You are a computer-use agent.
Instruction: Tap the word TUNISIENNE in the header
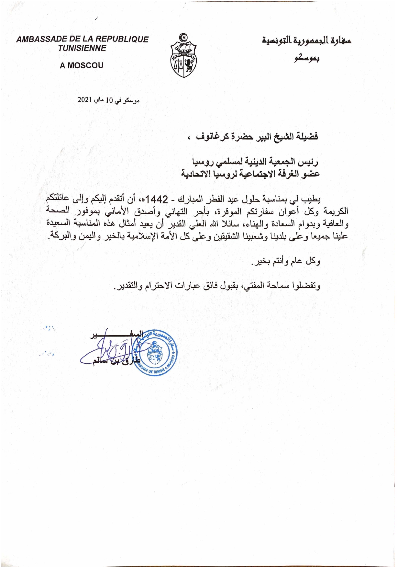pos(82,49)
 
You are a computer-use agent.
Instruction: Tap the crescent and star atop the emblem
pos(183,37)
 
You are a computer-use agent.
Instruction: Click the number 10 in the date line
pos(109,100)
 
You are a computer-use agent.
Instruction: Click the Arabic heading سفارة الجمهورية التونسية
pos(306,41)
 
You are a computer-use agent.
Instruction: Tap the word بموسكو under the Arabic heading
pos(307,59)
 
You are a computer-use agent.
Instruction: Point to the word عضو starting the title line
pos(311,174)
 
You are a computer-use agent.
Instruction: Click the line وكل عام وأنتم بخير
pos(286,261)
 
